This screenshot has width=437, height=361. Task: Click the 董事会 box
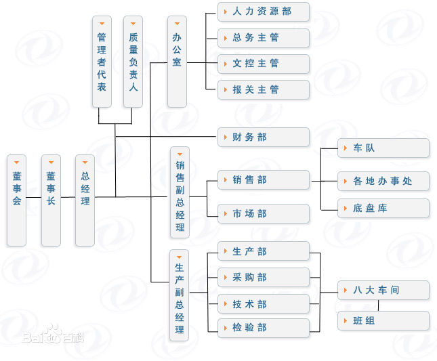click(x=17, y=200)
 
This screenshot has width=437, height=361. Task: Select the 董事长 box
click(x=51, y=200)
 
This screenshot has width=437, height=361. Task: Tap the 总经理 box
click(x=85, y=200)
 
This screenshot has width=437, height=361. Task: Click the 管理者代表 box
click(x=102, y=62)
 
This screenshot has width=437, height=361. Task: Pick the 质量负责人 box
click(x=133, y=62)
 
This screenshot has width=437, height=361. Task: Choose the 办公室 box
click(x=177, y=62)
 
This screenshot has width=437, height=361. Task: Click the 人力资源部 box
click(x=263, y=12)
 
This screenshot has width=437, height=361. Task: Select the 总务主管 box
click(x=263, y=37)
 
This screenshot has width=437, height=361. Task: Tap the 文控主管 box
click(x=263, y=63)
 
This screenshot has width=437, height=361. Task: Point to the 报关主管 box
click(x=263, y=89)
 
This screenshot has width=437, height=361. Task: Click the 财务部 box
click(x=263, y=137)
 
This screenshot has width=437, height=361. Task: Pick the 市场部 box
click(x=263, y=213)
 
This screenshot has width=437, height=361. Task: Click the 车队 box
click(x=383, y=148)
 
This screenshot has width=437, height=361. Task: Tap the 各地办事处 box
click(x=383, y=181)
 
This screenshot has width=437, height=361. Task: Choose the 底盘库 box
click(x=383, y=208)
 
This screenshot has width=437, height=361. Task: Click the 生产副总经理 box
click(x=180, y=295)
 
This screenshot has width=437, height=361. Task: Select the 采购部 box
click(x=263, y=277)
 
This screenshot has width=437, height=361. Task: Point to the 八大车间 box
click(x=383, y=290)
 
